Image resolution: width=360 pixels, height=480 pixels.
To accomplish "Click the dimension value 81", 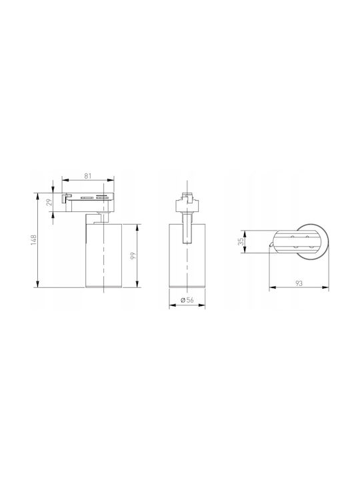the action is (88, 176).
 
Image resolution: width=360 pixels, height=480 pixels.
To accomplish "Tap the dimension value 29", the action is (49, 202).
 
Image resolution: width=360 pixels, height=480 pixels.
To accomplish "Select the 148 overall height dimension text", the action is (34, 240).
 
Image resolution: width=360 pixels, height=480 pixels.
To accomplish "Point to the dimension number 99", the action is (133, 255).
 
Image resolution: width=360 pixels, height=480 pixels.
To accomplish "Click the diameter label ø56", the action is (187, 300).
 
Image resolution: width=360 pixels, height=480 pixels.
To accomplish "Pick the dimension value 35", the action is (241, 241).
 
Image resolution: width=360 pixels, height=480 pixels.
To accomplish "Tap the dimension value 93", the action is (299, 283).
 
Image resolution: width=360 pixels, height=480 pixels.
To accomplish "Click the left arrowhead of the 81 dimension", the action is (64, 181).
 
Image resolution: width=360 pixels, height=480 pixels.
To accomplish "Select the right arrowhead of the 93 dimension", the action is (326, 287).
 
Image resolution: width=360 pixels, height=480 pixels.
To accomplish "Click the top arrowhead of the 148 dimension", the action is (38, 195).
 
